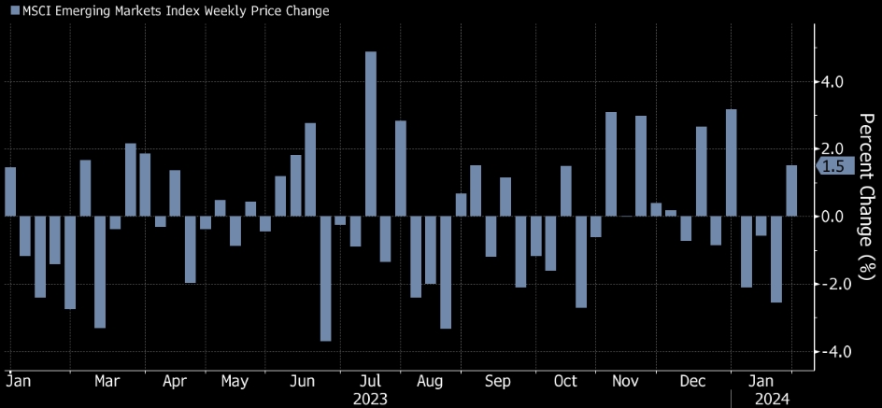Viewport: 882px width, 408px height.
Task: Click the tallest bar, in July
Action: pyautogui.click(x=370, y=134)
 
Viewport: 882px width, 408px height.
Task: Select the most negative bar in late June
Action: pyautogui.click(x=325, y=278)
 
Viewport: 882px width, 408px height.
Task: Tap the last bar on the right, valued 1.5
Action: pyautogui.click(x=791, y=190)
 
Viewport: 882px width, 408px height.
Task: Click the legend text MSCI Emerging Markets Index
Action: pyautogui.click(x=168, y=11)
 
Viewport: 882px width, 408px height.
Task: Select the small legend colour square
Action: pyautogui.click(x=13, y=11)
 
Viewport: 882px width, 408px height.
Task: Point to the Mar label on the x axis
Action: pyautogui.click(x=107, y=381)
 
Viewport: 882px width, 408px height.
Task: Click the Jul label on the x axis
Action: pyautogui.click(x=370, y=381)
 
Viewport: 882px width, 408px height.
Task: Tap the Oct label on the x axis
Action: pyautogui.click(x=565, y=381)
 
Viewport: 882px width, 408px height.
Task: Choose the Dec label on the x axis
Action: pyautogui.click(x=692, y=381)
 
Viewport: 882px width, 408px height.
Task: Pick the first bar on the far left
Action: pyautogui.click(x=10, y=191)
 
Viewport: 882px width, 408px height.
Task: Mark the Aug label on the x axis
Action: pyautogui.click(x=430, y=381)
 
